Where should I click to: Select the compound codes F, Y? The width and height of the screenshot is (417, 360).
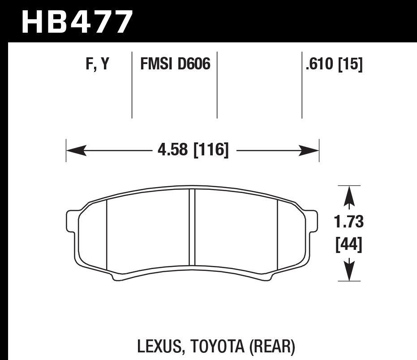(97, 65)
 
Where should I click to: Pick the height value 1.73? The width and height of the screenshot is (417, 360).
(349, 222)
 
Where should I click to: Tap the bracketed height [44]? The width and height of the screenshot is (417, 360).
(349, 244)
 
